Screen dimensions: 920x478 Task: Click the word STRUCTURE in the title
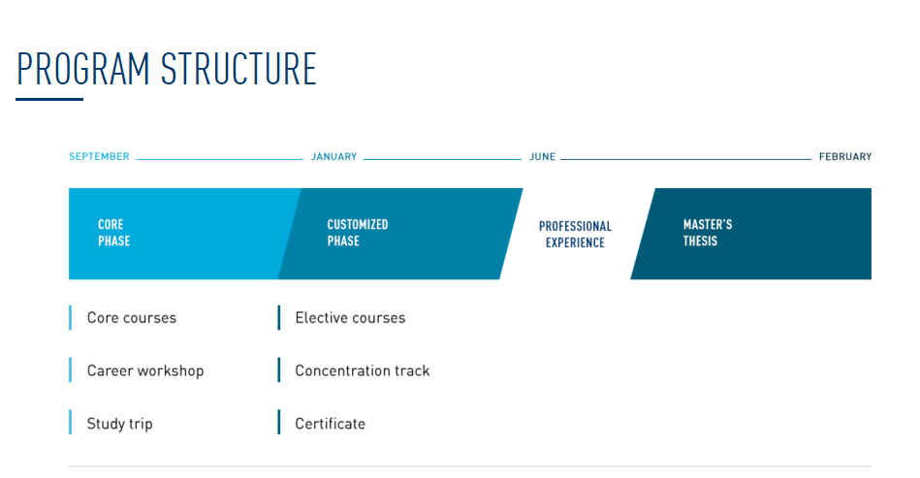[238, 69]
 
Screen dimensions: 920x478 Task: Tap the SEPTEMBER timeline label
[99, 157]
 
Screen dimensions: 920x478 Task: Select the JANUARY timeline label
[333, 157]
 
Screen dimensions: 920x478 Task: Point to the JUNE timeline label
[542, 157]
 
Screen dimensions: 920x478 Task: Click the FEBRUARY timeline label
[844, 157]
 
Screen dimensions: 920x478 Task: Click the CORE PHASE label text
[113, 233]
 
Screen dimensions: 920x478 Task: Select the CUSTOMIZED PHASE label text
[357, 233]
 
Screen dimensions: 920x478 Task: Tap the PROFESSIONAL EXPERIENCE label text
[575, 235]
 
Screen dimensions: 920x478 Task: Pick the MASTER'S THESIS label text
[707, 233]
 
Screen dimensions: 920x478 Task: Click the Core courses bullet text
[132, 318]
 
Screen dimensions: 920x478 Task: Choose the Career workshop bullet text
[145, 370]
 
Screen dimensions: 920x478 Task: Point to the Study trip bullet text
[119, 424]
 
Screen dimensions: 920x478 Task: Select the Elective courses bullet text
[350, 318]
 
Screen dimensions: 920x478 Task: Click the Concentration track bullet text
[362, 370]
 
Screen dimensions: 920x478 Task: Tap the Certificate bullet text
[330, 424]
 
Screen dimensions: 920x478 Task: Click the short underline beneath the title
[49, 99]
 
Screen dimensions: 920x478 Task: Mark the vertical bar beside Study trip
[70, 423]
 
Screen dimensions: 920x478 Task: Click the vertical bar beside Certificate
[278, 423]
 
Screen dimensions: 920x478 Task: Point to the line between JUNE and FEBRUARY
[685, 158]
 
